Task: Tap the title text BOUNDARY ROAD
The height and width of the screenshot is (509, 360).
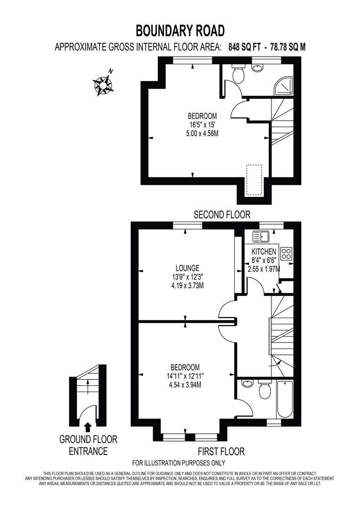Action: pos(180,31)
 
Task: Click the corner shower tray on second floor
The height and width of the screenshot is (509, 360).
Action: pos(284,85)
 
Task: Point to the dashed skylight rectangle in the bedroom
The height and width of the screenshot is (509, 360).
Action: pos(254,180)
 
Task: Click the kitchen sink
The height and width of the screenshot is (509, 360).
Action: pos(260,236)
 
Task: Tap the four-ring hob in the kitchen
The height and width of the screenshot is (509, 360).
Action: pos(286,254)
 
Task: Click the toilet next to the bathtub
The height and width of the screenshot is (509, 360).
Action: pos(265,389)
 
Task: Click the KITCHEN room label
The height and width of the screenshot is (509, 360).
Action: pos(263,252)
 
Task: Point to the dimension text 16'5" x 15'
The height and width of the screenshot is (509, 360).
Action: pos(202,125)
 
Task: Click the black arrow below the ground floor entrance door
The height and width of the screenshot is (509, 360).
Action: pos(87,427)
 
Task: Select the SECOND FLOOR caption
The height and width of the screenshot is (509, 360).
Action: pos(222,215)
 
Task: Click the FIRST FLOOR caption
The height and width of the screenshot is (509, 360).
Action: pos(221,452)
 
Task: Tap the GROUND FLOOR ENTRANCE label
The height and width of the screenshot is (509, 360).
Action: pos(88,445)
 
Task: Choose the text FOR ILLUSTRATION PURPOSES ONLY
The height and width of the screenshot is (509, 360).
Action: pos(179,463)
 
